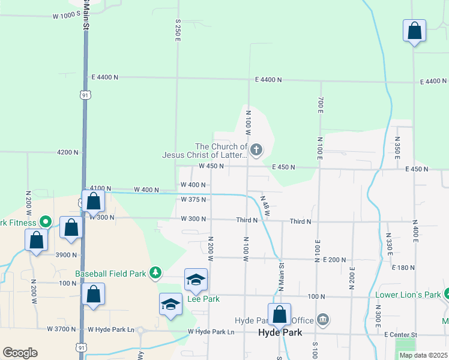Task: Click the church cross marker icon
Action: tap(256, 150)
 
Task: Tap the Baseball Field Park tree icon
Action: tap(156, 274)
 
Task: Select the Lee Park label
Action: tap(203, 299)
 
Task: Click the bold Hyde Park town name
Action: tap(280, 332)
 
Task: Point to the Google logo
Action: tap(20, 353)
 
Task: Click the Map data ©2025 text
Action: tap(423, 355)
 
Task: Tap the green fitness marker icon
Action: tap(44, 222)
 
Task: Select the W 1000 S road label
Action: tap(66, 13)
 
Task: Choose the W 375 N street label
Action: tap(193, 199)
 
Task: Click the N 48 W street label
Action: tap(266, 205)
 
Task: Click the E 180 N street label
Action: tap(403, 267)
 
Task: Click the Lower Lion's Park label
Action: tap(408, 295)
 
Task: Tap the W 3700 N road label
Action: tap(62, 329)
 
